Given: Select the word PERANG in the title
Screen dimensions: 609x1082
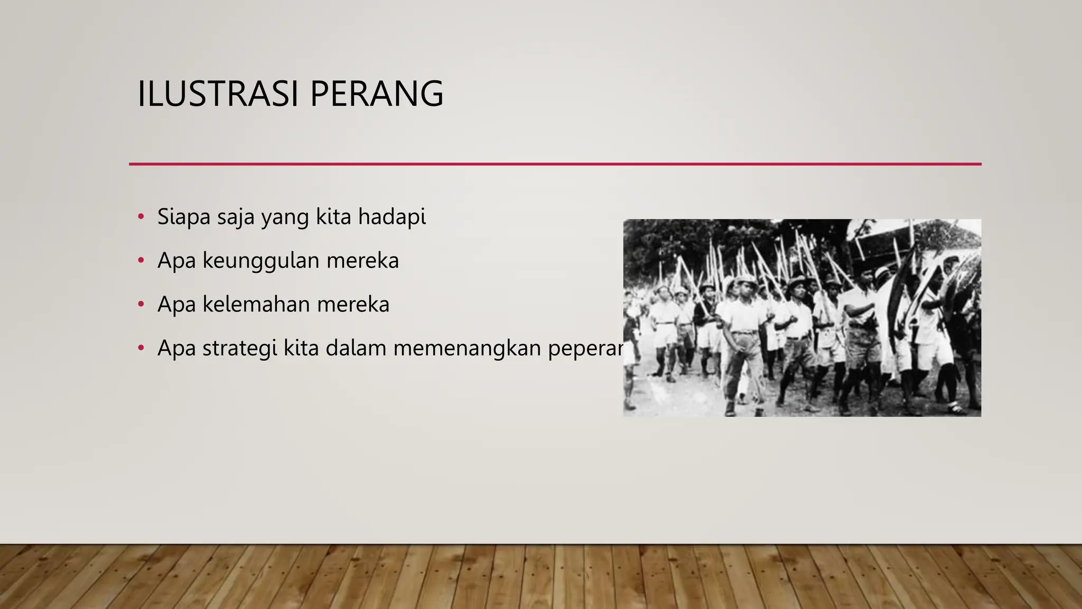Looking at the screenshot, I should tap(376, 94).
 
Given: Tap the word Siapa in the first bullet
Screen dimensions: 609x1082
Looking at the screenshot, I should tap(184, 217).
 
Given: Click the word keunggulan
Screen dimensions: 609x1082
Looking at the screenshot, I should tap(261, 261).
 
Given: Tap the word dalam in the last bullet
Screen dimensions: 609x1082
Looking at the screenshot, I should tap(357, 349).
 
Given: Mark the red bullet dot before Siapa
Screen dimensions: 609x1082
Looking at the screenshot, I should tap(141, 217).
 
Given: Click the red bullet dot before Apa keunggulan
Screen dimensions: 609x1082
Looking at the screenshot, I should tap(141, 261).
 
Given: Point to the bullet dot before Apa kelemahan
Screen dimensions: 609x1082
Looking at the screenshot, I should tap(141, 304).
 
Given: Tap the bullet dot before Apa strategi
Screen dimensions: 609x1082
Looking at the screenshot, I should tap(141, 348).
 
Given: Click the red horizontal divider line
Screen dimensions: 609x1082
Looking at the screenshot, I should tap(555, 164).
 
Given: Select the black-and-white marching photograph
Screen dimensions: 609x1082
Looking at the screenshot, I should tap(802, 318).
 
